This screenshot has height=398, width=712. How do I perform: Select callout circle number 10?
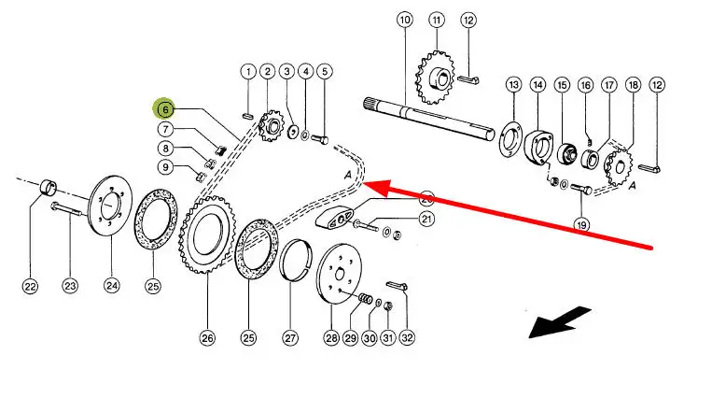(x=404, y=21)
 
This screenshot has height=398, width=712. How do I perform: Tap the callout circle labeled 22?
(x=30, y=286)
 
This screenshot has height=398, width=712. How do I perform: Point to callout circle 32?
(x=406, y=337)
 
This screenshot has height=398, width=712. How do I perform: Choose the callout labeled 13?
(x=513, y=85)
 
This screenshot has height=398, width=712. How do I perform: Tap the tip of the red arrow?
(x=364, y=184)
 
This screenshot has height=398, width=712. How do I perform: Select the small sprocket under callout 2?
(x=272, y=127)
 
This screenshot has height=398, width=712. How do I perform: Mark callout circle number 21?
(x=427, y=220)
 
